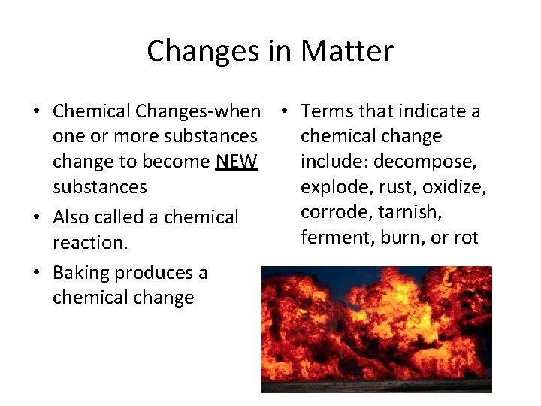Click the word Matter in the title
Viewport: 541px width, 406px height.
click(347, 51)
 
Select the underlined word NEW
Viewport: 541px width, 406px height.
click(236, 162)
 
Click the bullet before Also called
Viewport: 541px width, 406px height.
click(37, 217)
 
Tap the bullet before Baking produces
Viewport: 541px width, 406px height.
click(37, 273)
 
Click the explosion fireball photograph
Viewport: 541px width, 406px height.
click(376, 329)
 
